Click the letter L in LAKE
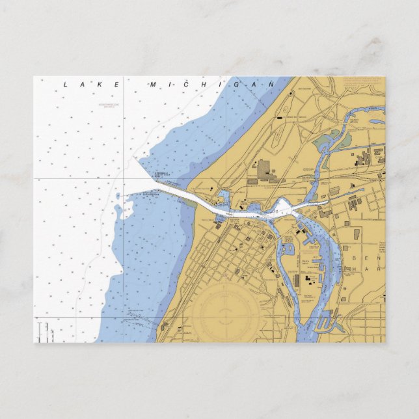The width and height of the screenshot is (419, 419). pyautogui.click(x=66, y=85)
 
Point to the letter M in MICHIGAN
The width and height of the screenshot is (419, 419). pyautogui.click(x=154, y=85)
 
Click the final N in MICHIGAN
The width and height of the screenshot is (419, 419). pyautogui.click(x=272, y=85)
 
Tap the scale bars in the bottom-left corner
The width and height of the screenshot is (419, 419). pyautogui.click(x=40, y=332)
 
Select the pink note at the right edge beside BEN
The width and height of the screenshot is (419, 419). pyautogui.click(x=382, y=250)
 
